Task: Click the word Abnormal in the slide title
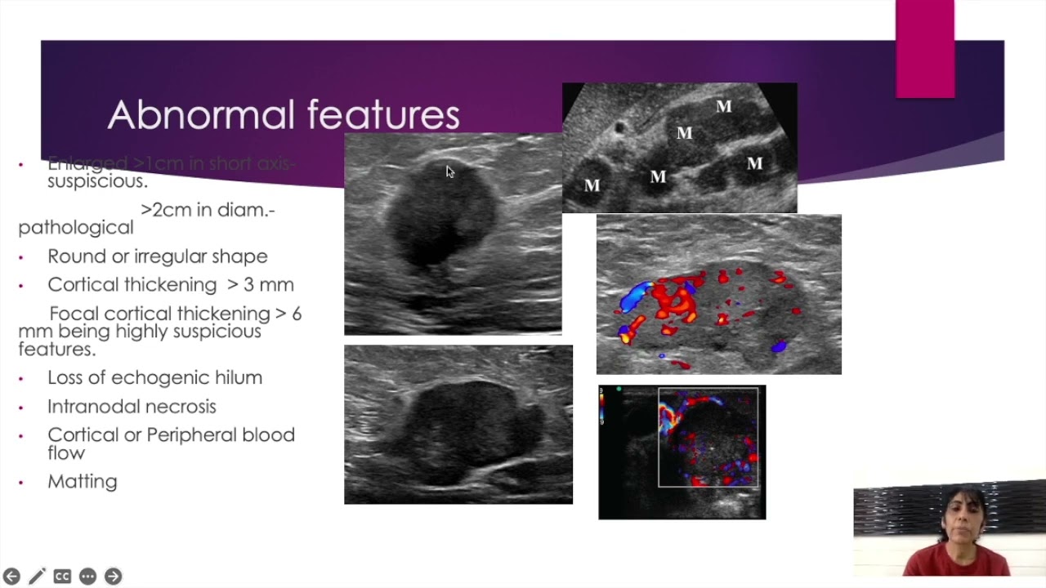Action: (200, 115)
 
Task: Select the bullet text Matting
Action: (82, 482)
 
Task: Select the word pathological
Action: (75, 228)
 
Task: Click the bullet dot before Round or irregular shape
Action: (21, 257)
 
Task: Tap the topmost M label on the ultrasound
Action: (723, 107)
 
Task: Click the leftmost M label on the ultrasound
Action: (592, 186)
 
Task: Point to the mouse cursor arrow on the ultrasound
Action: (449, 171)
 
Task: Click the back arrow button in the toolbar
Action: (11, 577)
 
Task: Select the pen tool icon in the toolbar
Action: (37, 577)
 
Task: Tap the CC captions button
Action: (62, 577)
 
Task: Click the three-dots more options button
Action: (87, 577)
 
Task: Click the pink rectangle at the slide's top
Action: (924, 49)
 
